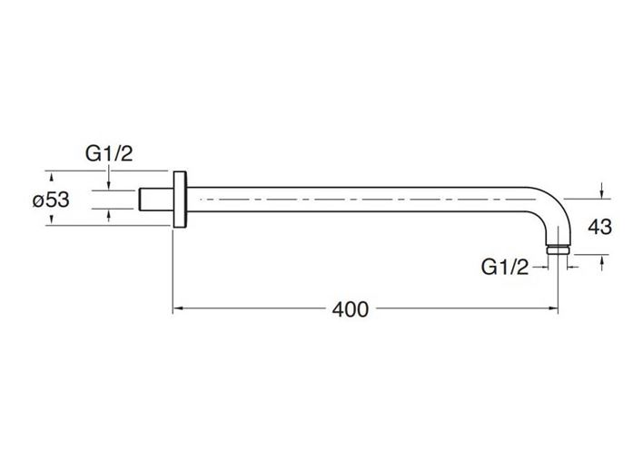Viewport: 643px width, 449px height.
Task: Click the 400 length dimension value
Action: point(351,309)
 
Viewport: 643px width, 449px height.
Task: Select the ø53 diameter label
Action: point(51,200)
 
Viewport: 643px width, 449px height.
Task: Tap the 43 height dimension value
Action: point(599,227)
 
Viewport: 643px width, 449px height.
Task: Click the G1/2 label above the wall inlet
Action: point(109,154)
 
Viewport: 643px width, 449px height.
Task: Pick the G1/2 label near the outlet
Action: point(505,268)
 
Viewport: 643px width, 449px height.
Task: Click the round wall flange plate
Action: point(180,199)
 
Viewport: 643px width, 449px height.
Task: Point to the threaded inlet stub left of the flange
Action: point(156,200)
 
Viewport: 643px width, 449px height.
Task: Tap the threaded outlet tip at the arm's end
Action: point(558,250)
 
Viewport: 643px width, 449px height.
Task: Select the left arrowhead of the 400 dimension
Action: point(177,308)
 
